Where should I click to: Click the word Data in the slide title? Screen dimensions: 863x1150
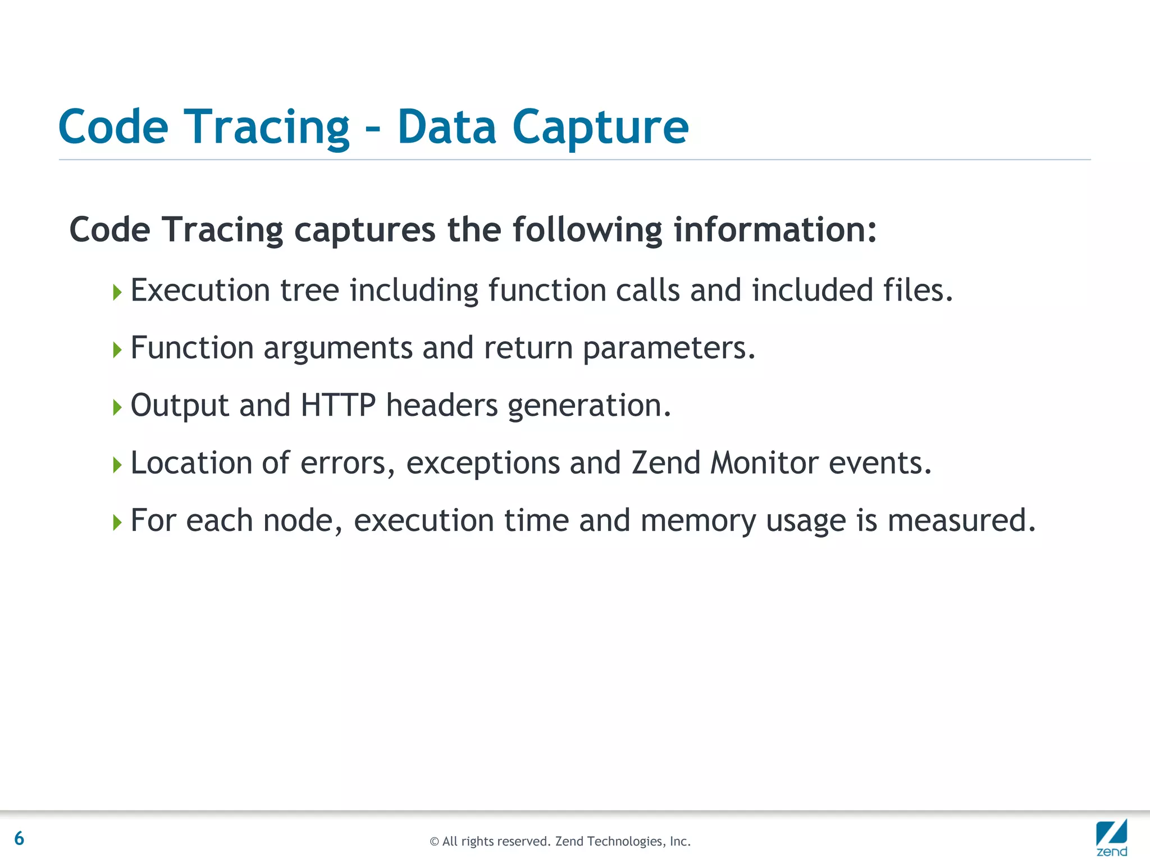pos(446,128)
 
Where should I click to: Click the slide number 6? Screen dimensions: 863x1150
pos(19,838)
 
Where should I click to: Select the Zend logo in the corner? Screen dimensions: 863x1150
pos(1111,837)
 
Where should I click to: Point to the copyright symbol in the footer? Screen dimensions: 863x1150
pos(434,842)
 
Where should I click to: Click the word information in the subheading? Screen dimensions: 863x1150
pos(774,230)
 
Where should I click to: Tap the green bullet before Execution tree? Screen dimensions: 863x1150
pos(117,292)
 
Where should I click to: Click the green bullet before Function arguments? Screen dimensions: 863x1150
pos(117,350)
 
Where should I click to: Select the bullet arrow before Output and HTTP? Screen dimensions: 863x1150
pos(117,407)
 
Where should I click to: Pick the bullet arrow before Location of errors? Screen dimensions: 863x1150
pos(117,465)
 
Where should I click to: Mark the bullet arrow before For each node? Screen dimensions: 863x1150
pos(117,523)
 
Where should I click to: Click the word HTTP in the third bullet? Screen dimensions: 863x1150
pos(338,405)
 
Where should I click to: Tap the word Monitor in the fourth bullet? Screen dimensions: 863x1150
pos(764,463)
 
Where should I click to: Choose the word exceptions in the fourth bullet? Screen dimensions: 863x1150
pos(483,464)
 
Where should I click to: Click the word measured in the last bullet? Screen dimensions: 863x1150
pos(961,520)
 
